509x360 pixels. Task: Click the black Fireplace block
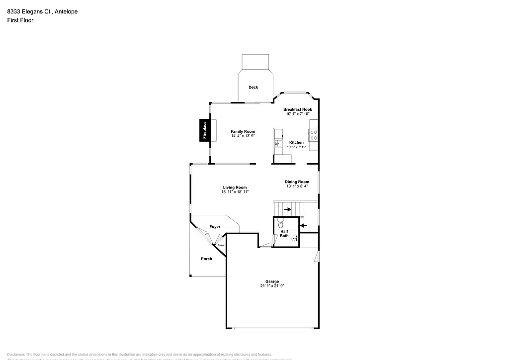click(x=203, y=131)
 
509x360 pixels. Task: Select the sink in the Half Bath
click(x=294, y=239)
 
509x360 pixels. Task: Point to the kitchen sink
click(x=277, y=144)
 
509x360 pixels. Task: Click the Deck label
click(x=254, y=88)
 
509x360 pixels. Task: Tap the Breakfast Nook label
click(x=298, y=109)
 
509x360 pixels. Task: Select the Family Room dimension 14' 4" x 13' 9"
click(x=243, y=136)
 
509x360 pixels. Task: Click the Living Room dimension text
click(x=235, y=192)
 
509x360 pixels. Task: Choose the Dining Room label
click(x=297, y=182)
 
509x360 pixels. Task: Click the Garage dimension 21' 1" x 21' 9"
click(x=272, y=286)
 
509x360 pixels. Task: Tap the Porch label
click(x=206, y=259)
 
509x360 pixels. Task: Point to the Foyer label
click(x=215, y=227)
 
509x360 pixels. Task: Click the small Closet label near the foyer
click(x=220, y=245)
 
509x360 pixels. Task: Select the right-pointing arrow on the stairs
click(x=288, y=210)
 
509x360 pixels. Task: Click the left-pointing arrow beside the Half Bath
click(x=304, y=225)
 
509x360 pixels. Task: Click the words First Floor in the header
click(x=20, y=20)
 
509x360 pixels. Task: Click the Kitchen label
click(x=296, y=143)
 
